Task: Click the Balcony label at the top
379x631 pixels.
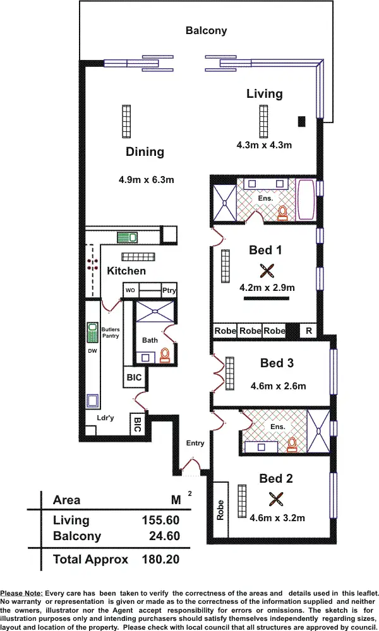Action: tap(206, 30)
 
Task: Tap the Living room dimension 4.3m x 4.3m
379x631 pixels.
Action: tap(264, 145)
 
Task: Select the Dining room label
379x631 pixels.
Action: tap(145, 151)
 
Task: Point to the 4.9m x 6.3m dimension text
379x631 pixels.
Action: tap(146, 180)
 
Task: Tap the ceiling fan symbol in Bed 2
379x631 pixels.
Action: tap(275, 500)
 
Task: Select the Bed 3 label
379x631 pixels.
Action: tap(277, 363)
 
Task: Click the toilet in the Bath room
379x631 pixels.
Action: tap(165, 356)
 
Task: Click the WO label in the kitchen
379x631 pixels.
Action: tap(131, 290)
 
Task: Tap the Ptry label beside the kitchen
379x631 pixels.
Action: tap(169, 290)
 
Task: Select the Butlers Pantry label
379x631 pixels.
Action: tap(111, 333)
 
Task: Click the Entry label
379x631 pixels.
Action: tap(195, 443)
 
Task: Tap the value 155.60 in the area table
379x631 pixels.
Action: tap(160, 521)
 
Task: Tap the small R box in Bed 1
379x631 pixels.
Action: tap(308, 331)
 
